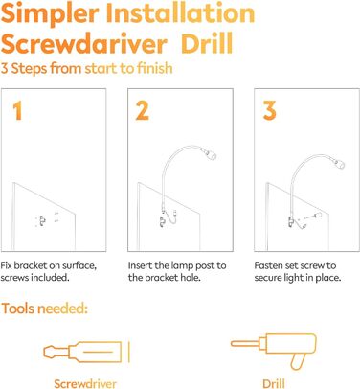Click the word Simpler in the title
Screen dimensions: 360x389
point(50,14)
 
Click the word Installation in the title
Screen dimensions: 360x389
point(180,12)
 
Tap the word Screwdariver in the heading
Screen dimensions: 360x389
point(84,44)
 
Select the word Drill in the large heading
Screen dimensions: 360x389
point(207,44)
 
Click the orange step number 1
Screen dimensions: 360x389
point(17,110)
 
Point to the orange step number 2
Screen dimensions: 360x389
point(143,110)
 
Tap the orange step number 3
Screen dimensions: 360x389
point(270,110)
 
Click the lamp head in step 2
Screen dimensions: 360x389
point(211,154)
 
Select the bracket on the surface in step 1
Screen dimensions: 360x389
point(42,220)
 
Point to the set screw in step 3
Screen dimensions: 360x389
point(314,216)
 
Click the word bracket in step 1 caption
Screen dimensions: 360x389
point(27,265)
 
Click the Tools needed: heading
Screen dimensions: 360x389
point(44,309)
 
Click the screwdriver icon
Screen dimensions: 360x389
point(86,352)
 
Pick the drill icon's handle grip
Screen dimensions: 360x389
point(297,362)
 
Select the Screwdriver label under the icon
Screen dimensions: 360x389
point(85,383)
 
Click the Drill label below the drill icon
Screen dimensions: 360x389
point(274,383)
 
